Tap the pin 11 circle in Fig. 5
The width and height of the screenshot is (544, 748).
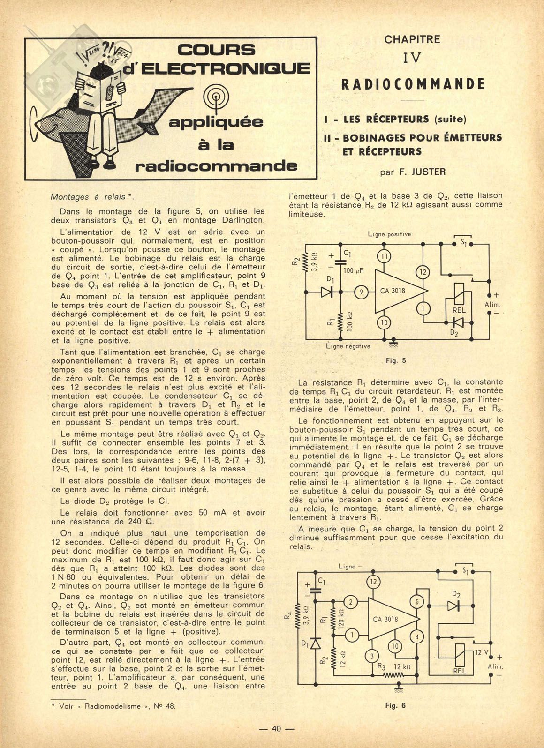coord(384,256)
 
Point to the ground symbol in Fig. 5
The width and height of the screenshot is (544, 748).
coord(393,344)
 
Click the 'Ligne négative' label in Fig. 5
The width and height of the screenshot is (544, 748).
coord(348,346)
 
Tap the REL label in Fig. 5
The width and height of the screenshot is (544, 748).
coord(459,310)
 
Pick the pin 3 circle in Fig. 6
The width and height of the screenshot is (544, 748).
coord(372,656)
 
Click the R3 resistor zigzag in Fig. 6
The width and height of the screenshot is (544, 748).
coord(394,675)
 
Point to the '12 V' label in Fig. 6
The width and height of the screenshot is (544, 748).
coord(481,652)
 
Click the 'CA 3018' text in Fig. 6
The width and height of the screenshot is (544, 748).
coord(385,619)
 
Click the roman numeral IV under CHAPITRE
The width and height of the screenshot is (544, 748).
coord(412,59)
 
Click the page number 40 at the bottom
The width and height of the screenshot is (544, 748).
coord(276,729)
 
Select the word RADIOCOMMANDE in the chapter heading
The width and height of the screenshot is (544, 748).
coord(413,84)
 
